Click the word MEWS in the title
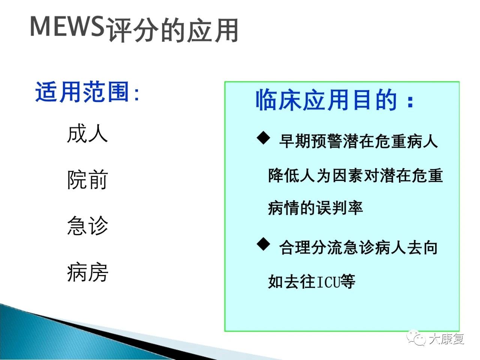67,26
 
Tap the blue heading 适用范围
82,91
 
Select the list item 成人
87,133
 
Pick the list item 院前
87,180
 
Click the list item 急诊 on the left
87,226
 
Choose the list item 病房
87,272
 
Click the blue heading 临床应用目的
326,100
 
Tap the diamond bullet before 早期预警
264,138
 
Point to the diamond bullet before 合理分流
264,244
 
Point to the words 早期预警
310,141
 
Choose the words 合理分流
310,247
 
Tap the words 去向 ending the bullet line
422,247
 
